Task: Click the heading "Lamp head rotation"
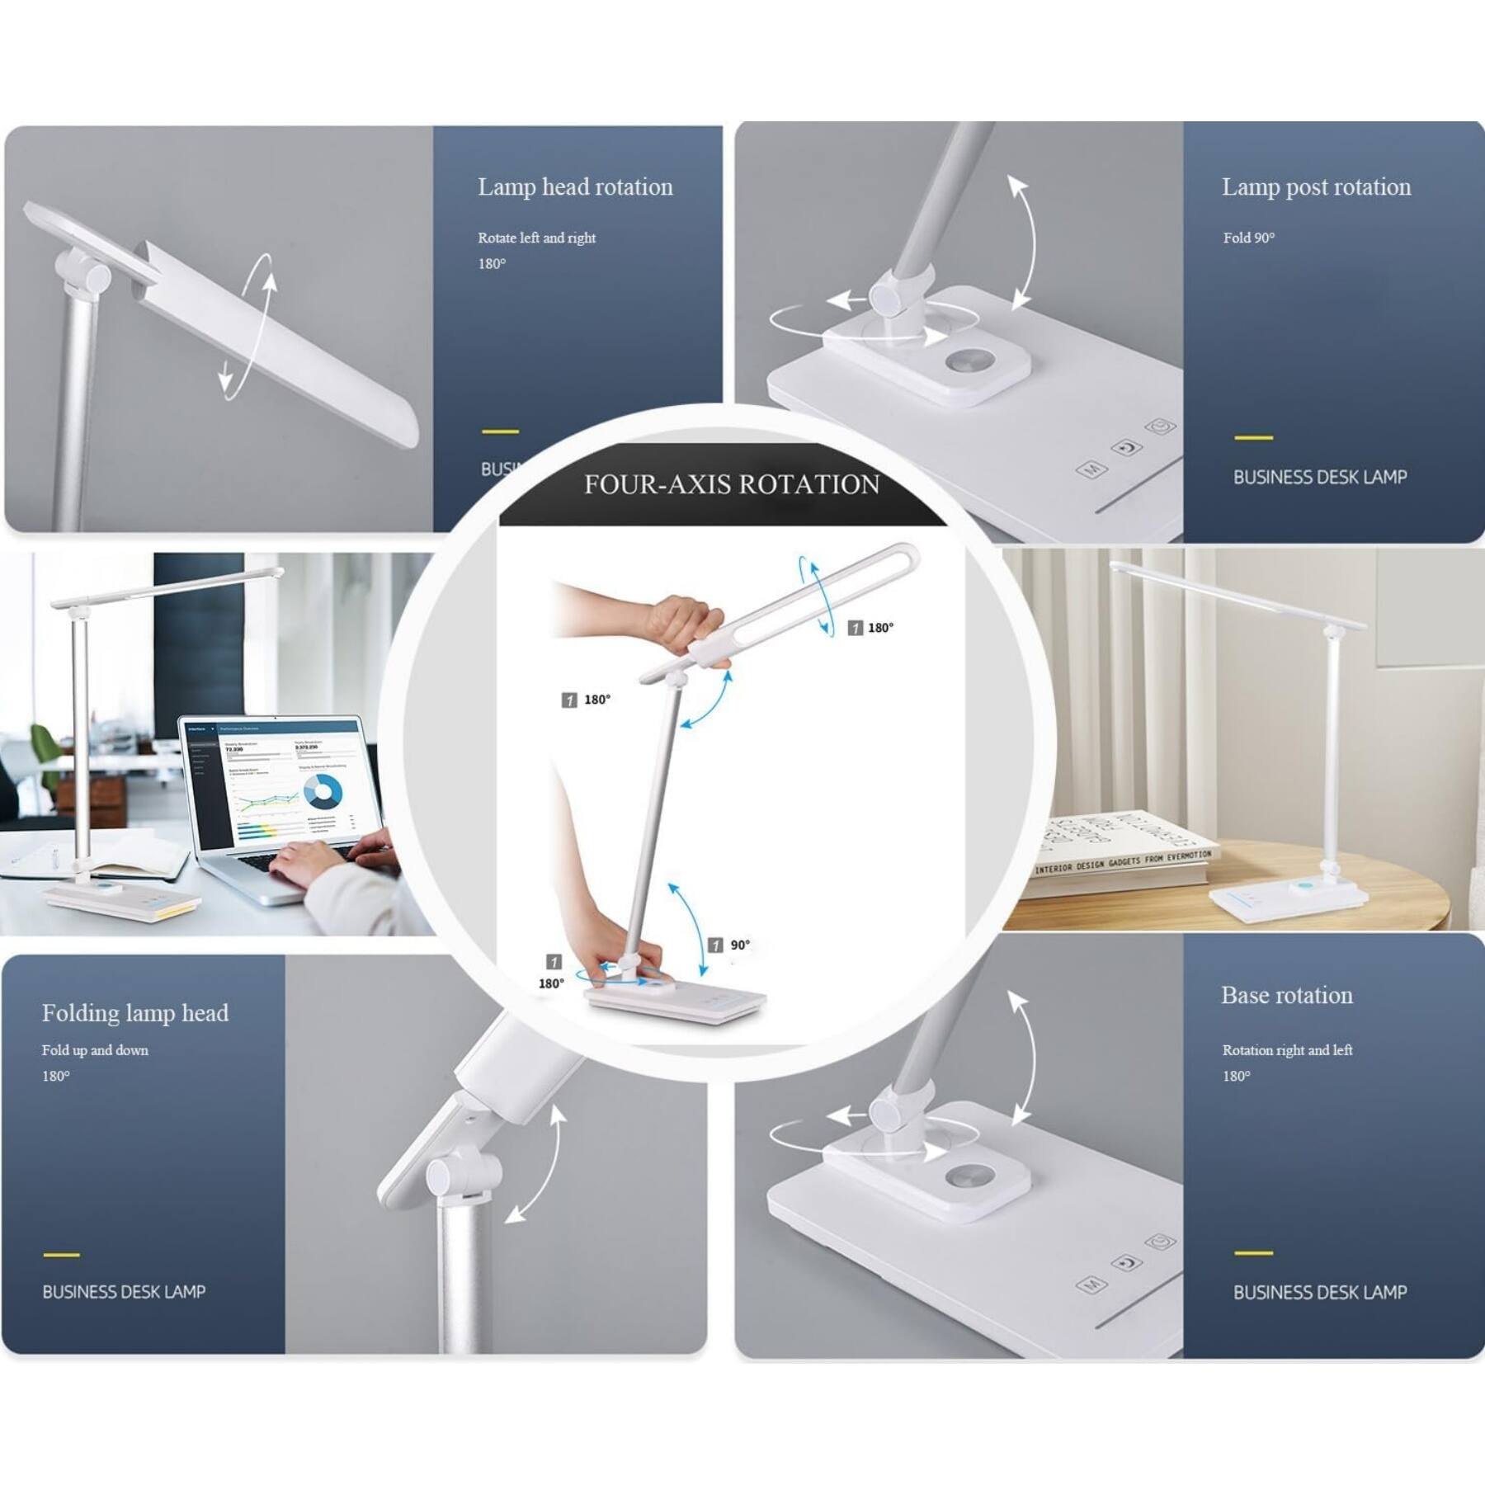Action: pos(575,187)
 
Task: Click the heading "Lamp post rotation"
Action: pos(1316,187)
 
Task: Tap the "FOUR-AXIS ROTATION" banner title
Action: pos(732,484)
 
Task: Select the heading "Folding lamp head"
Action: pos(135,1013)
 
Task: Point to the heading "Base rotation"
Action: pos(1286,996)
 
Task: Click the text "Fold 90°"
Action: pos(1248,238)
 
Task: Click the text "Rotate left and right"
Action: pos(536,238)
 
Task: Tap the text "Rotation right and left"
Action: pos(1287,1050)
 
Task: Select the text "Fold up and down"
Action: pos(95,1050)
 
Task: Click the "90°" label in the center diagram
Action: pos(739,945)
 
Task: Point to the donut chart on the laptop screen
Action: pos(323,793)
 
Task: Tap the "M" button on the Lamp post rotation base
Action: pos(1091,469)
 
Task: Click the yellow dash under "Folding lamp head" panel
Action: pos(61,1255)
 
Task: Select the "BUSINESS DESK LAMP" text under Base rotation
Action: pos(1319,1293)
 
